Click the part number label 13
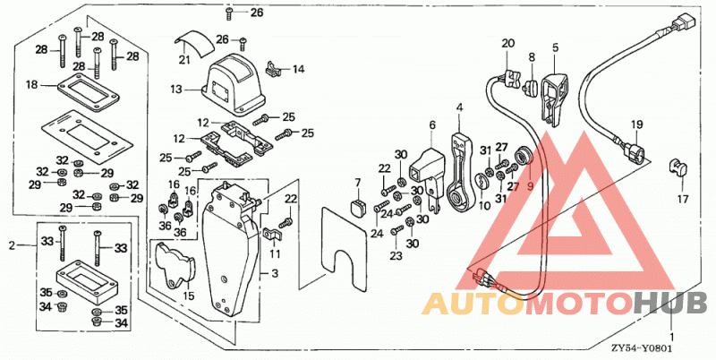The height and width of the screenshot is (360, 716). (x=176, y=90)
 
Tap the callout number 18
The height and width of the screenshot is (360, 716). (x=31, y=84)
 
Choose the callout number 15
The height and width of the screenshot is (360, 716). (x=189, y=296)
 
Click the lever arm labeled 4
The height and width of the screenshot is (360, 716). (x=459, y=174)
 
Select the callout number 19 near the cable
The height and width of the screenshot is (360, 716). (x=637, y=124)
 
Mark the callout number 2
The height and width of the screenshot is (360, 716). (x=13, y=245)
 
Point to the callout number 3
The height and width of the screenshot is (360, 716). (x=275, y=274)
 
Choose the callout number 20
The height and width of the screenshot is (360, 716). (x=508, y=43)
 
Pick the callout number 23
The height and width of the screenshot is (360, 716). (x=396, y=256)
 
